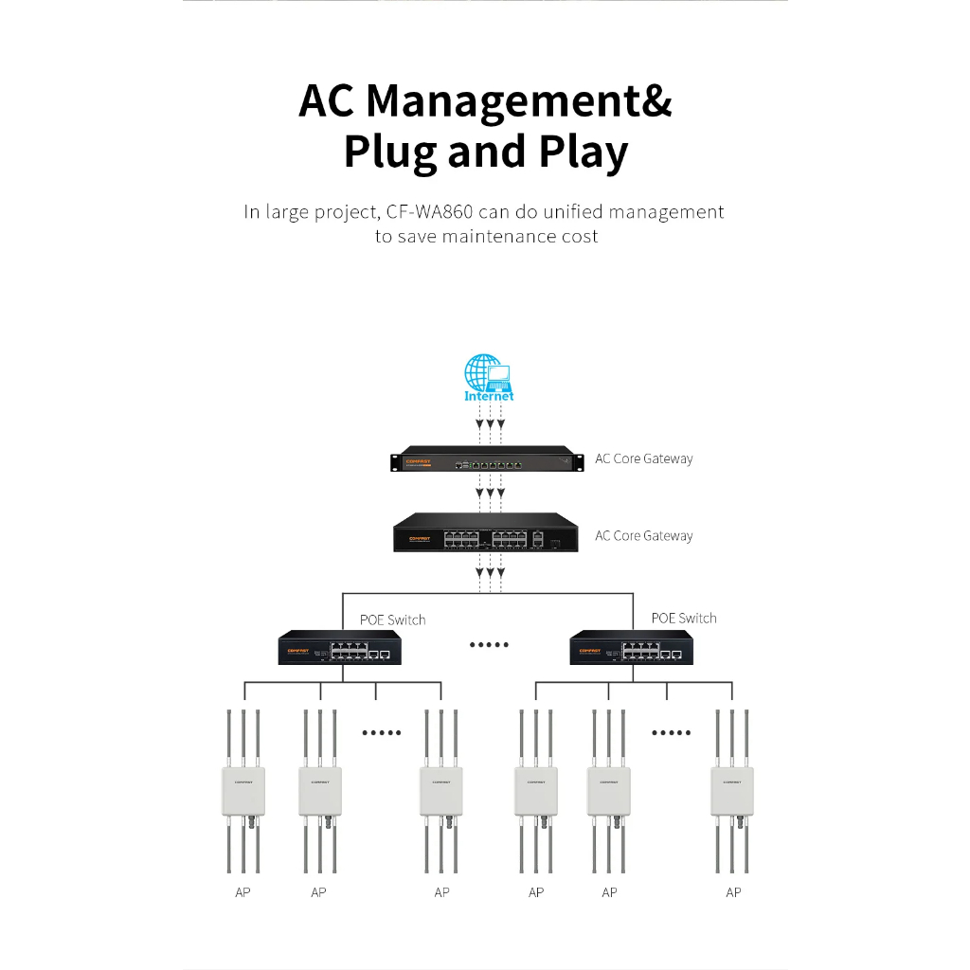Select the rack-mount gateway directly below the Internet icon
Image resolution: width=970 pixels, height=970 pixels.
[486, 460]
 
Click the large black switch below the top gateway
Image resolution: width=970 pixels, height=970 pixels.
[486, 533]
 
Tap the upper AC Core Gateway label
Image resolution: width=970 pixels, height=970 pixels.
[643, 459]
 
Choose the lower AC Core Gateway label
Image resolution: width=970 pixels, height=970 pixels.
[643, 536]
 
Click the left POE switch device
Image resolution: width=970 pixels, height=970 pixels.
[339, 649]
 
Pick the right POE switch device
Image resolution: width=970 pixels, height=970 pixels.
[631, 649]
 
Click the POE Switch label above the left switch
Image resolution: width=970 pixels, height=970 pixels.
[392, 620]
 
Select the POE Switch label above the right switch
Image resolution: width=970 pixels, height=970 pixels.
[684, 619]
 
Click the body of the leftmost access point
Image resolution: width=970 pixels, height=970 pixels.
[242, 790]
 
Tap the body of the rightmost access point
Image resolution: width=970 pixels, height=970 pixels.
[732, 790]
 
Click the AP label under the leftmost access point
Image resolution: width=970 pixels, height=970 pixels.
[242, 892]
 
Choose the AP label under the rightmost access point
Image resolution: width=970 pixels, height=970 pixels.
[733, 892]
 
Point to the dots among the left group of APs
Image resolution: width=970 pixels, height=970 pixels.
[382, 732]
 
